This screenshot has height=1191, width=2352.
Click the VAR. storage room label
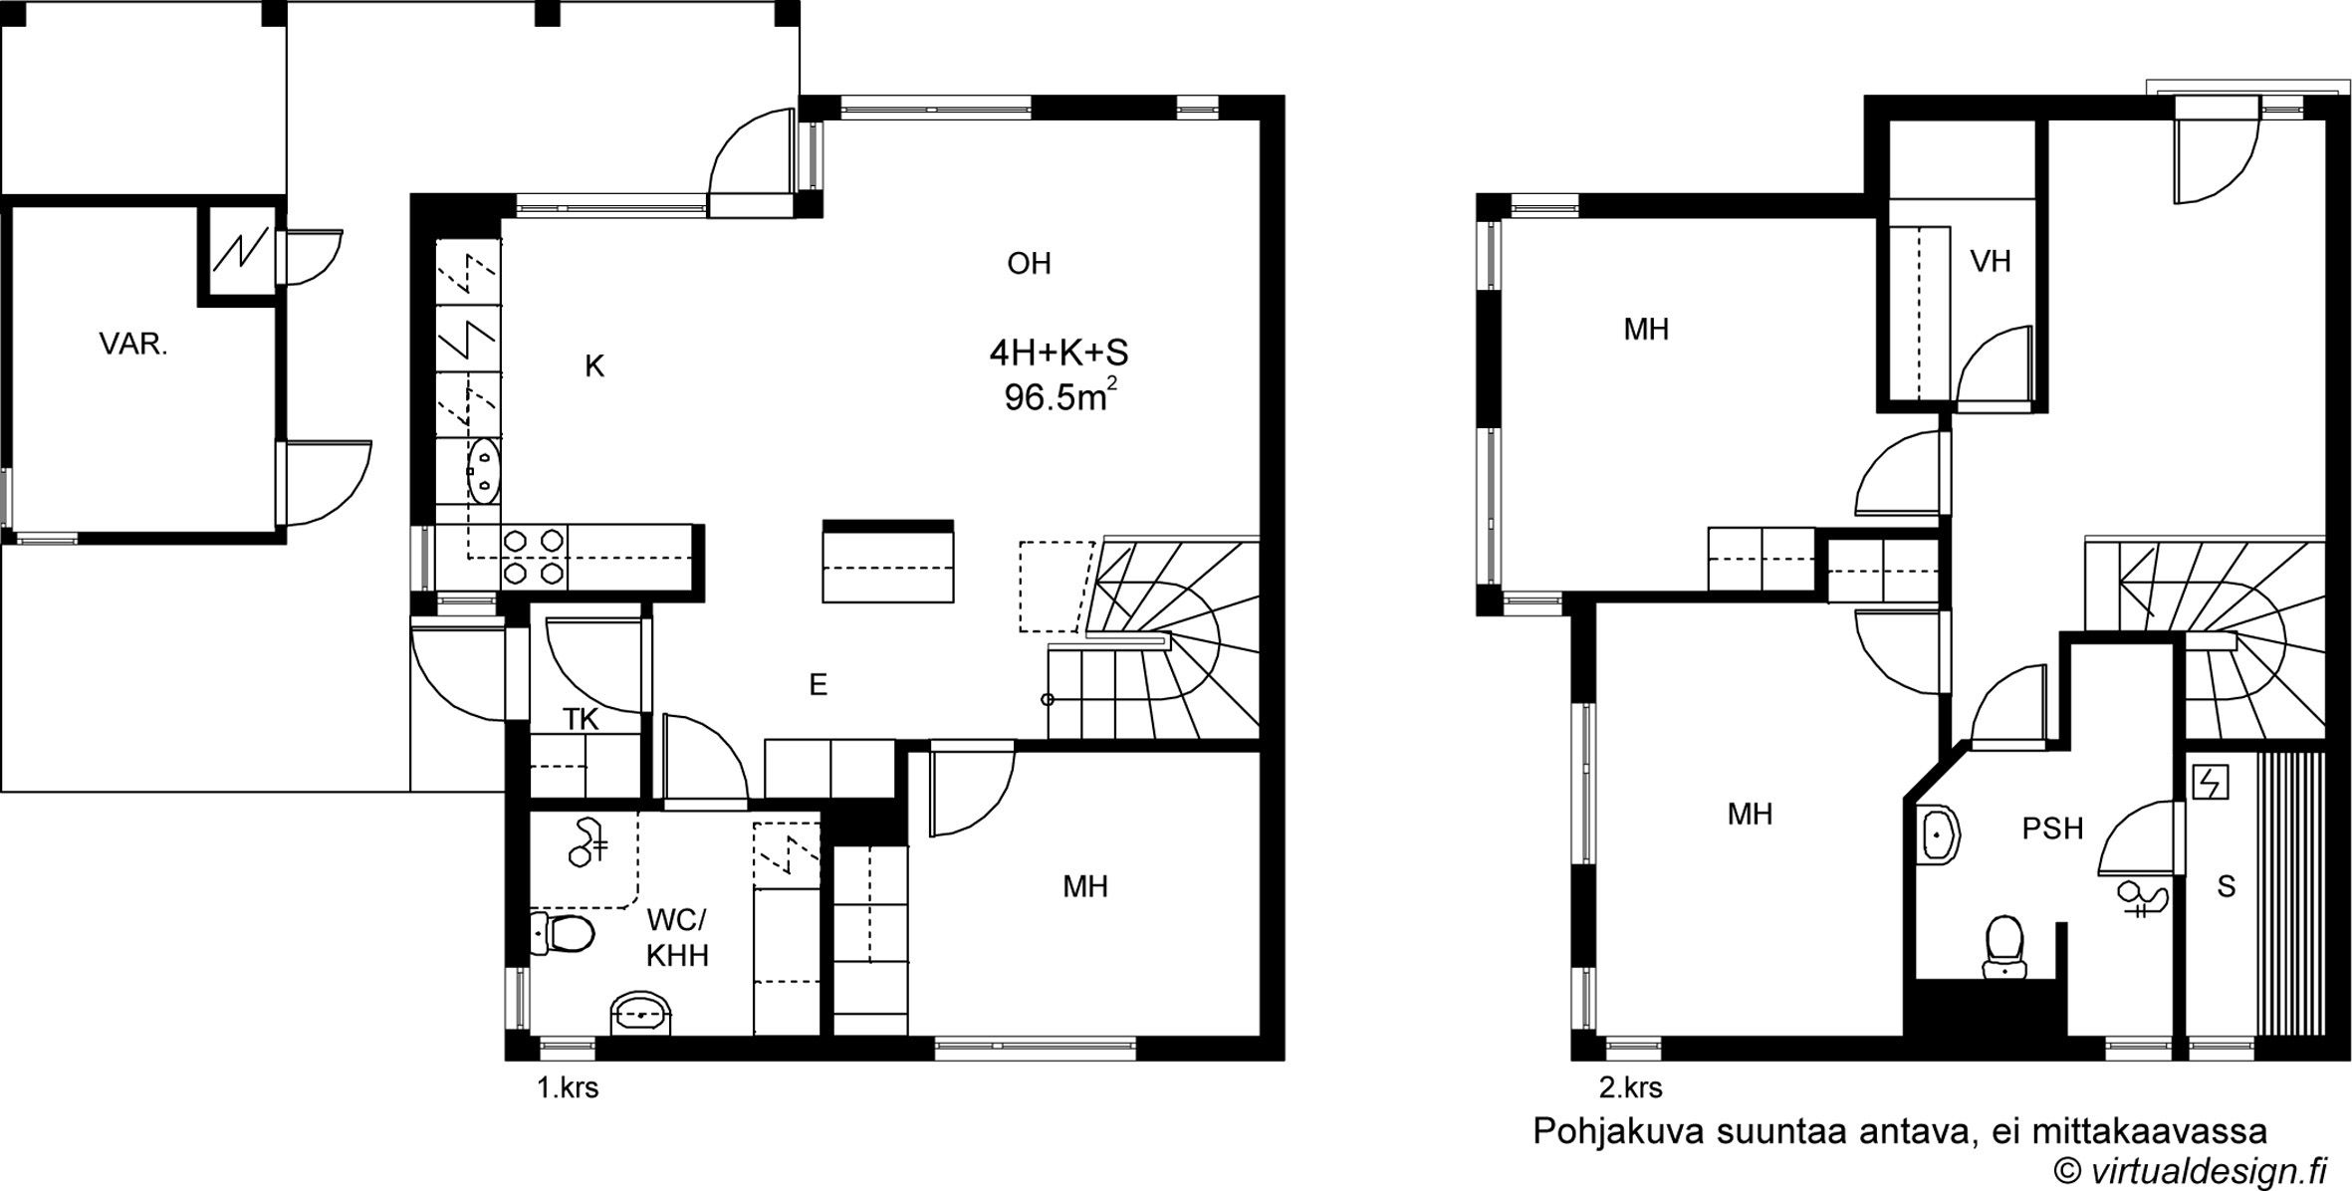[133, 345]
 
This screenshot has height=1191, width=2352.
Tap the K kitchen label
[594, 366]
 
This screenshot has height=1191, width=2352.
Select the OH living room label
[1029, 263]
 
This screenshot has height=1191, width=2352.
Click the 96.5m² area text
[1060, 397]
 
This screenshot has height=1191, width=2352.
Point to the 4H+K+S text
[1058, 353]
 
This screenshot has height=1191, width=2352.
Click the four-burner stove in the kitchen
[534, 557]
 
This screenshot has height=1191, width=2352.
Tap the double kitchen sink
[484, 470]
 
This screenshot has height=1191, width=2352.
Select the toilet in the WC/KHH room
[562, 933]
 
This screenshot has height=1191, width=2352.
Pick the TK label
[581, 719]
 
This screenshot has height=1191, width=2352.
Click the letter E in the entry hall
[818, 684]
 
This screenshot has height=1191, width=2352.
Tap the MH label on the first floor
[1085, 886]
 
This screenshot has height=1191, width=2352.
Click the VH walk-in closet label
[1991, 261]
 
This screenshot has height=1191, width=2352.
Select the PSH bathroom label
[2052, 829]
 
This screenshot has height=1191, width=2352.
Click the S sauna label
[2227, 886]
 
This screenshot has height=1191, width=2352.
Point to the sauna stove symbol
[2210, 784]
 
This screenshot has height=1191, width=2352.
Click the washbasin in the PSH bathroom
[1937, 834]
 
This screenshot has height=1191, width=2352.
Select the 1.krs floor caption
[568, 1088]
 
